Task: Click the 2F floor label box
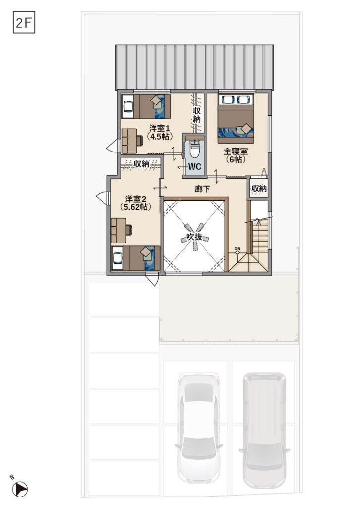[24, 23]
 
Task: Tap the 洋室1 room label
[159, 128]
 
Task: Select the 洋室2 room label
[136, 199]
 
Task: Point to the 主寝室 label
[236, 152]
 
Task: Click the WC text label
[195, 167]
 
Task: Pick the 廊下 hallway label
[203, 189]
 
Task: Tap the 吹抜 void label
[194, 237]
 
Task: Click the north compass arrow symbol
[20, 489]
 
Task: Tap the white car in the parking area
[199, 428]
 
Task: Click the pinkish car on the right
[264, 430]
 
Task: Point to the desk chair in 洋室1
[140, 141]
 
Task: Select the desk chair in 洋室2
[129, 230]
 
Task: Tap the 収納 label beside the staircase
[259, 189]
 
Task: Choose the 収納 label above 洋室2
[141, 164]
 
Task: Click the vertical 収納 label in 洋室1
[197, 115]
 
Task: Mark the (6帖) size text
[236, 159]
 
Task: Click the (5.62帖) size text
[136, 207]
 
